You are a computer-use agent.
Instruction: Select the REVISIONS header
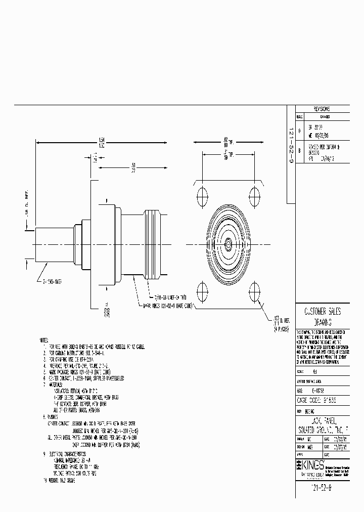coord(322,109)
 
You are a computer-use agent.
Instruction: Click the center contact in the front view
coord(228,244)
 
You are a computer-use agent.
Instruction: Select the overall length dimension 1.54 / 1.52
coord(102,141)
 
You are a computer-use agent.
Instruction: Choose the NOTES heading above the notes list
coord(43,340)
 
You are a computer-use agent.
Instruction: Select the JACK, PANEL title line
coord(322,420)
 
